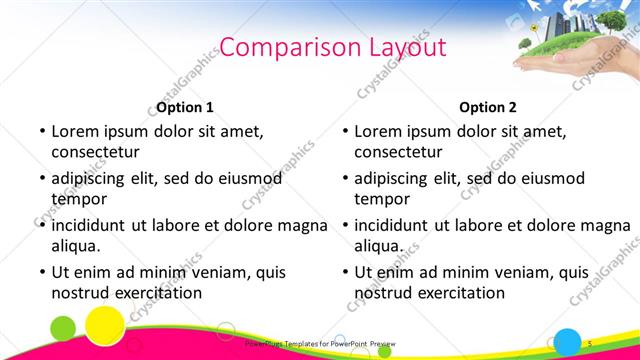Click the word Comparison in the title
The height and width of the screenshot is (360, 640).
pyautogui.click(x=277, y=47)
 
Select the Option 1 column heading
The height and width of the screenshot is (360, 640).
pyautogui.click(x=185, y=107)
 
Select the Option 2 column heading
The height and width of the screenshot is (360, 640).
pyautogui.click(x=488, y=107)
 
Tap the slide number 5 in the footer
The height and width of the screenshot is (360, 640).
pyautogui.click(x=590, y=343)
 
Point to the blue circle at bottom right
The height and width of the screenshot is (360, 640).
pyautogui.click(x=568, y=341)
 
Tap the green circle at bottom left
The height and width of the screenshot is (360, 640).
pyautogui.click(x=63, y=327)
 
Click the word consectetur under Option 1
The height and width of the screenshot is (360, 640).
pyautogui.click(x=95, y=152)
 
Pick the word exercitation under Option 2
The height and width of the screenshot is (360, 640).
pyautogui.click(x=456, y=293)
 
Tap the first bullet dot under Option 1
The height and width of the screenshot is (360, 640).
pyautogui.click(x=41, y=131)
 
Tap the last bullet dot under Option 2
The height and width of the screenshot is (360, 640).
pyautogui.click(x=344, y=272)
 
